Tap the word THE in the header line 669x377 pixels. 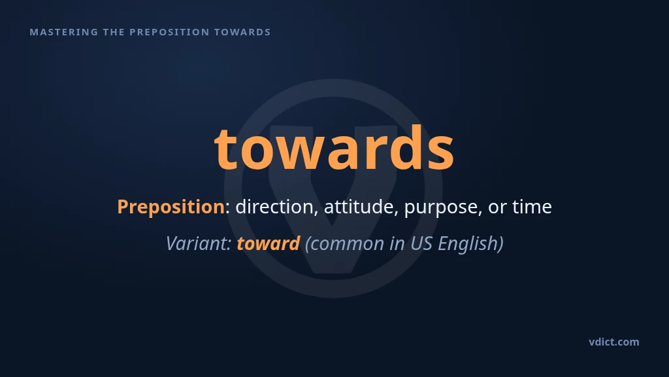(x=114, y=32)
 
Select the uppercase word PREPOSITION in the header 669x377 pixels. (x=169, y=32)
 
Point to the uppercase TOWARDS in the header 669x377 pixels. (x=242, y=32)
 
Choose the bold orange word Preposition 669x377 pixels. (x=171, y=207)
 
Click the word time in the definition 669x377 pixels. (x=532, y=207)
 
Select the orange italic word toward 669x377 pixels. (x=269, y=243)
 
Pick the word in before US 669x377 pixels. (x=397, y=243)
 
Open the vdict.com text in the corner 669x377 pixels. (x=614, y=342)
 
